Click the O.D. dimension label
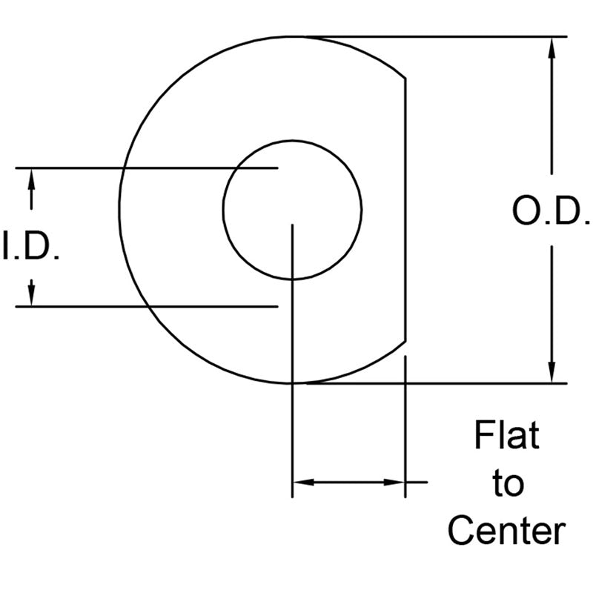[551, 212]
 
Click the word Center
[507, 531]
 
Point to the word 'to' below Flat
[507, 484]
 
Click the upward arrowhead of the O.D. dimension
[551, 47]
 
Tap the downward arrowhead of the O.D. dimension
[551, 372]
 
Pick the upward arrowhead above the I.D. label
[31, 178]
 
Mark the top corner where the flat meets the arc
[405, 77]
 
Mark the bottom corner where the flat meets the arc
[405, 342]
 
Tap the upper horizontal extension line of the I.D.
[74, 168]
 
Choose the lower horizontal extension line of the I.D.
[74, 305]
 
